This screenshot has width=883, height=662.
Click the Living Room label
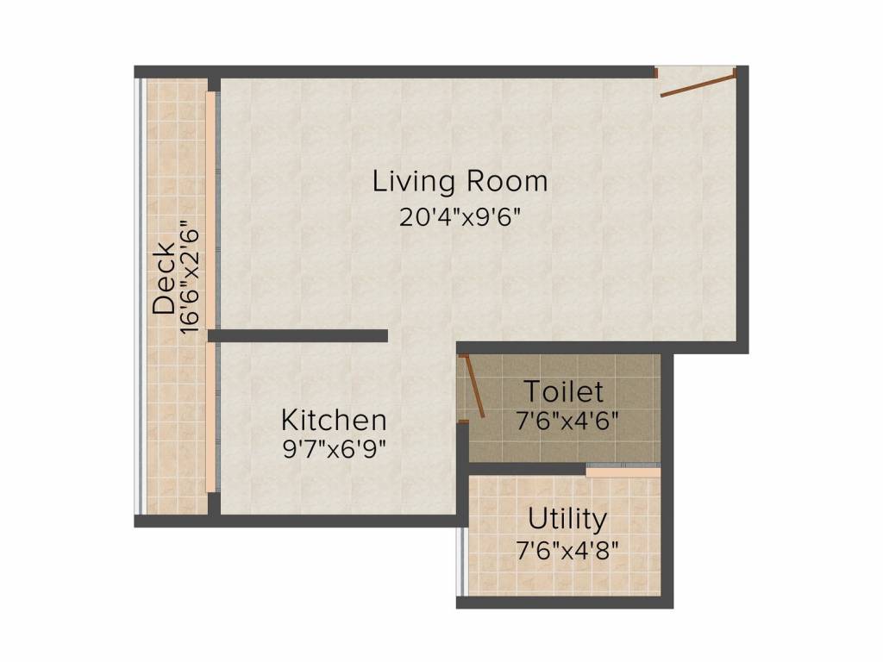pos(460,182)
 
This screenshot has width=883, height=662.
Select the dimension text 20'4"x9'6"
pos(460,216)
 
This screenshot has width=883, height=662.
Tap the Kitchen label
pos(334,421)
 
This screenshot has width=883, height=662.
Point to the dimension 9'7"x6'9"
pos(334,449)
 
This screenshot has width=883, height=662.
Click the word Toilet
pos(564,392)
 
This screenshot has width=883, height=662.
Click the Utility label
pos(567,520)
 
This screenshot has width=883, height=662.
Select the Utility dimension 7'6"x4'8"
pos(567,549)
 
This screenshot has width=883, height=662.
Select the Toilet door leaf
pos(473,387)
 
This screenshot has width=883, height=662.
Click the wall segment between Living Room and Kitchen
pos(298,335)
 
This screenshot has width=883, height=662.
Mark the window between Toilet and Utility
pos(623,471)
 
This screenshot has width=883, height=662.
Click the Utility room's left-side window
pos(461,560)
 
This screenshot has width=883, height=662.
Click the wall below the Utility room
pos(564,603)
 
